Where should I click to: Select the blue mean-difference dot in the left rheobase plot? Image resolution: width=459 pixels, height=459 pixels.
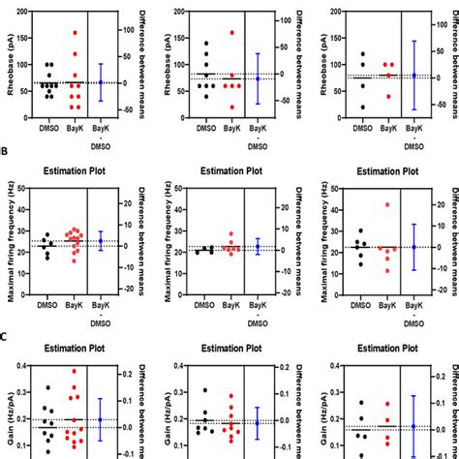[x=101, y=82]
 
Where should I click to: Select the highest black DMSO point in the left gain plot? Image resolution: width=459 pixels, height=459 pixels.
[x=47, y=387]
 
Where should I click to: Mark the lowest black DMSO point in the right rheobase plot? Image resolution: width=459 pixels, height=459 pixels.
[x=363, y=107]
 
